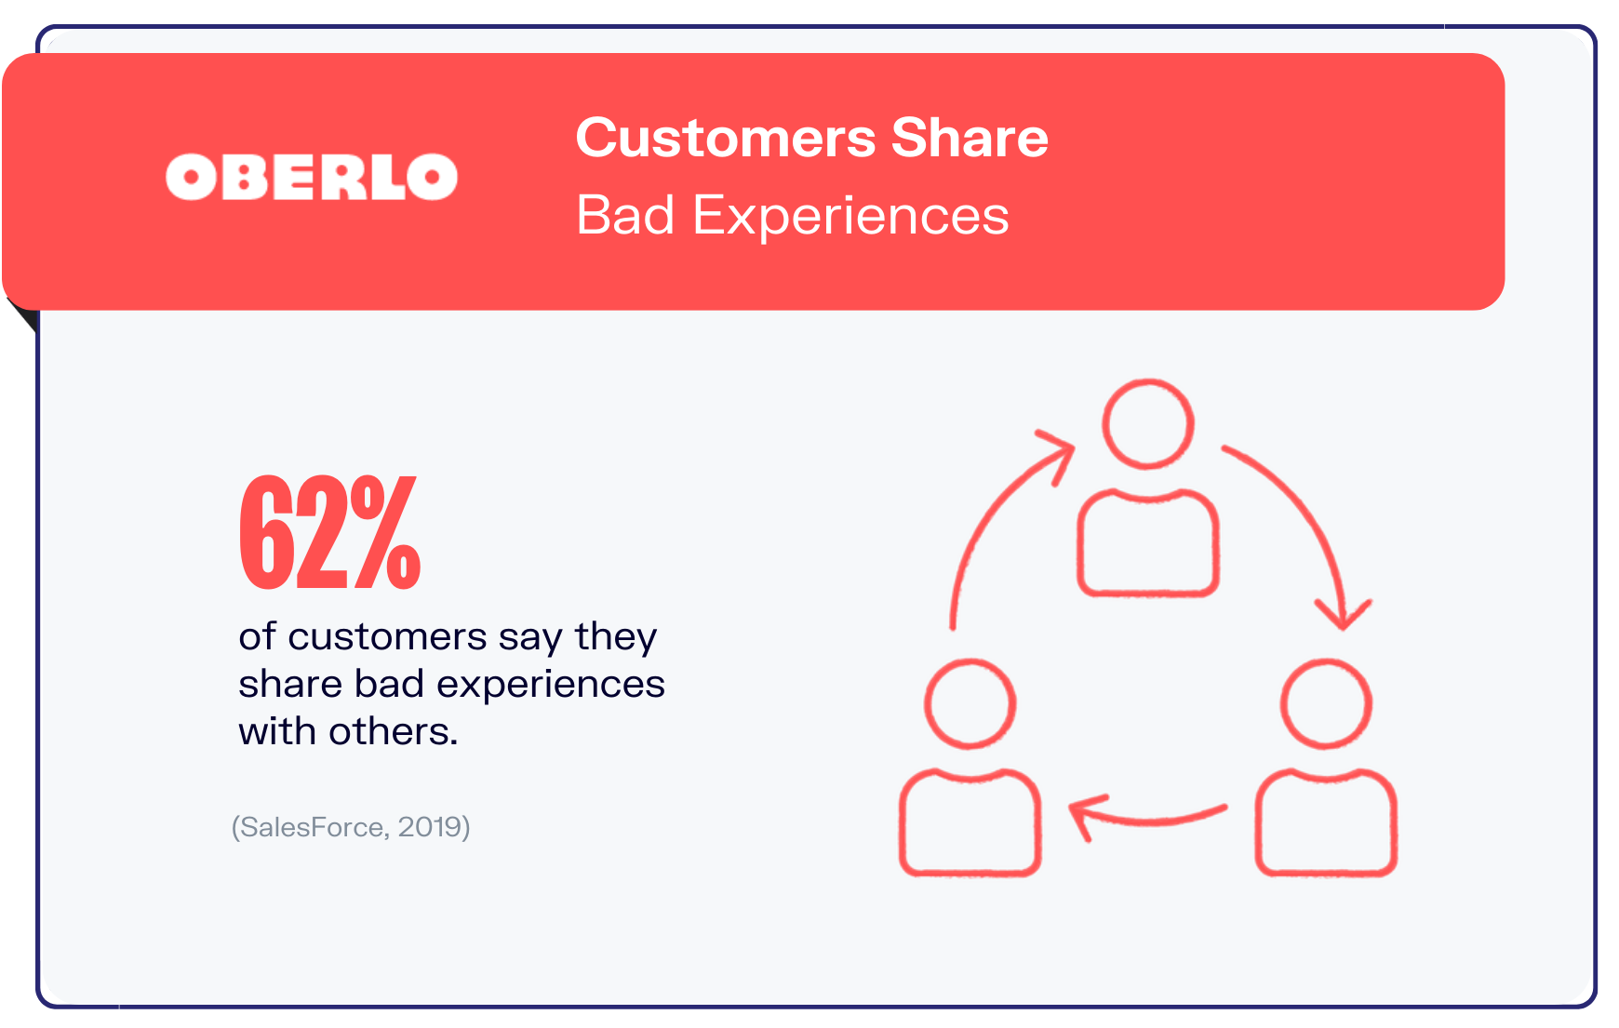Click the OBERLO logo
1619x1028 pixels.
[x=312, y=177]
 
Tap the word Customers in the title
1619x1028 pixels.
[x=726, y=138]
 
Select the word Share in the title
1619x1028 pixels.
[x=970, y=138]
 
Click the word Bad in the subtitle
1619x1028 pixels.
[x=625, y=216]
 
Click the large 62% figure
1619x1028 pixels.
[x=330, y=532]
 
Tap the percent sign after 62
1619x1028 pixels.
[x=384, y=532]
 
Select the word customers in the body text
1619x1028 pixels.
[x=387, y=637]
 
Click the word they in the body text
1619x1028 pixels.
[x=616, y=638]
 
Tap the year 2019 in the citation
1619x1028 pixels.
[x=429, y=826]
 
